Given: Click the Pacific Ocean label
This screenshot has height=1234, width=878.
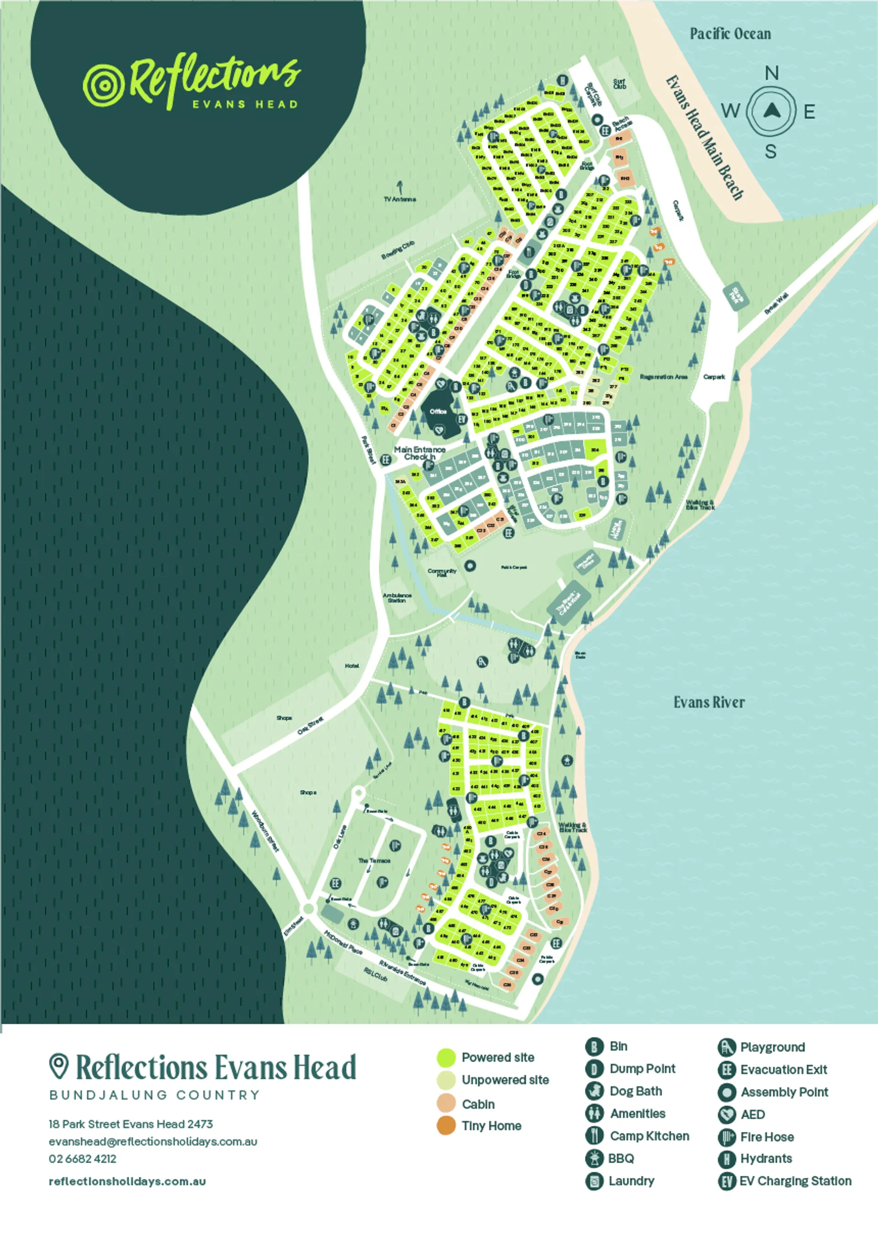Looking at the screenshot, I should pyautogui.click(x=730, y=34).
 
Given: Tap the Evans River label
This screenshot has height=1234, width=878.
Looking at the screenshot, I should pyautogui.click(x=709, y=702).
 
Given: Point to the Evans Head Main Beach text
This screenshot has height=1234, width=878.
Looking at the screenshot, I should pyautogui.click(x=704, y=138).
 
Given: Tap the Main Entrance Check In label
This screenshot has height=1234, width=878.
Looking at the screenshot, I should pyautogui.click(x=419, y=453).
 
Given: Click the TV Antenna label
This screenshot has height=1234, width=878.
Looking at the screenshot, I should pyautogui.click(x=400, y=199).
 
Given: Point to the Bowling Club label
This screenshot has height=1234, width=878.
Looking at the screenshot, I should pyautogui.click(x=397, y=250).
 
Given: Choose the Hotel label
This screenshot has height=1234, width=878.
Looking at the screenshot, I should pyautogui.click(x=352, y=665).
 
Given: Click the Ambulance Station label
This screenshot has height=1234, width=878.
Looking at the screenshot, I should pyautogui.click(x=397, y=597).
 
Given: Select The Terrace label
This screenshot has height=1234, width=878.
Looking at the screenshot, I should pyautogui.click(x=374, y=860).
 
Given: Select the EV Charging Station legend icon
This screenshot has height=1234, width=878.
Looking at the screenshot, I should pyautogui.click(x=727, y=1181).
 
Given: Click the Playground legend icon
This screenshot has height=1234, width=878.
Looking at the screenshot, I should pyautogui.click(x=727, y=1047).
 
